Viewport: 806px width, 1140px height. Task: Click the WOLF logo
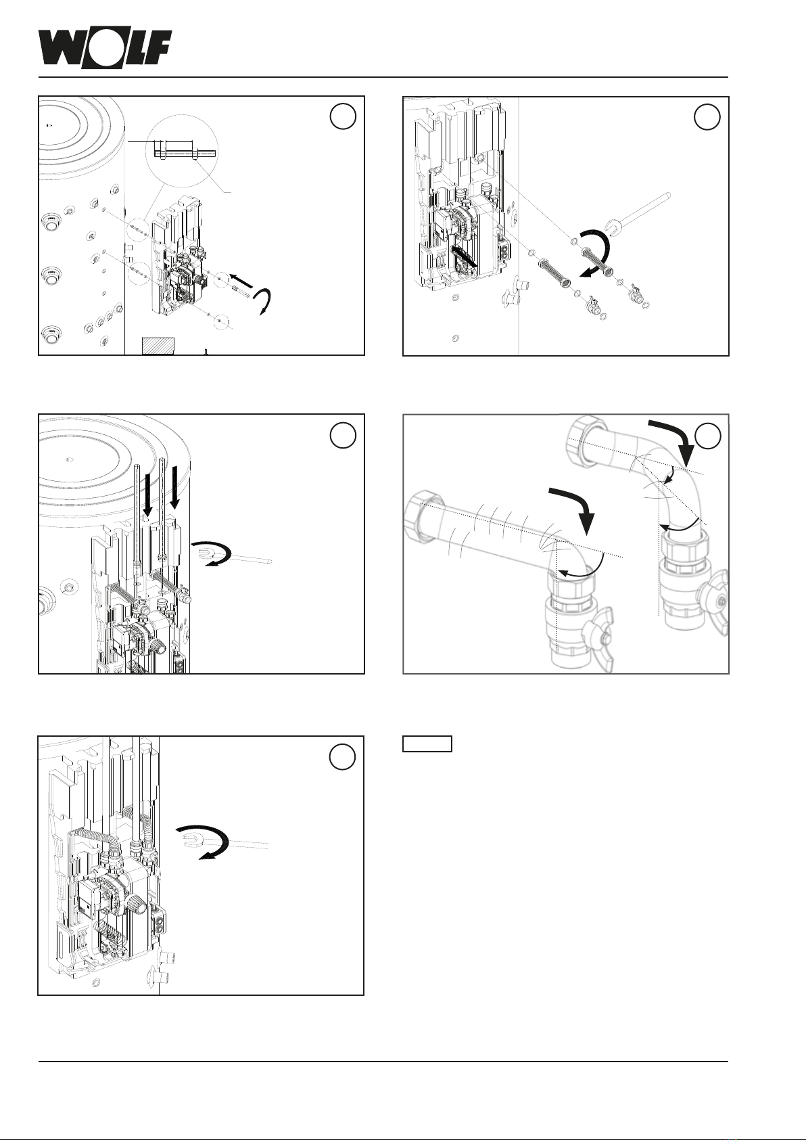(105, 49)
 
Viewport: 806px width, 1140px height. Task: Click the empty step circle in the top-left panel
(343, 116)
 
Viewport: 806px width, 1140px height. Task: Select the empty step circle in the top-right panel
(707, 117)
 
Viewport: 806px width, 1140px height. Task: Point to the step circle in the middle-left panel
(343, 435)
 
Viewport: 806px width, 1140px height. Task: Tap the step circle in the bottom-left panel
(342, 757)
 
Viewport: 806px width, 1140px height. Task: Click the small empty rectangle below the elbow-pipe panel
(427, 744)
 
